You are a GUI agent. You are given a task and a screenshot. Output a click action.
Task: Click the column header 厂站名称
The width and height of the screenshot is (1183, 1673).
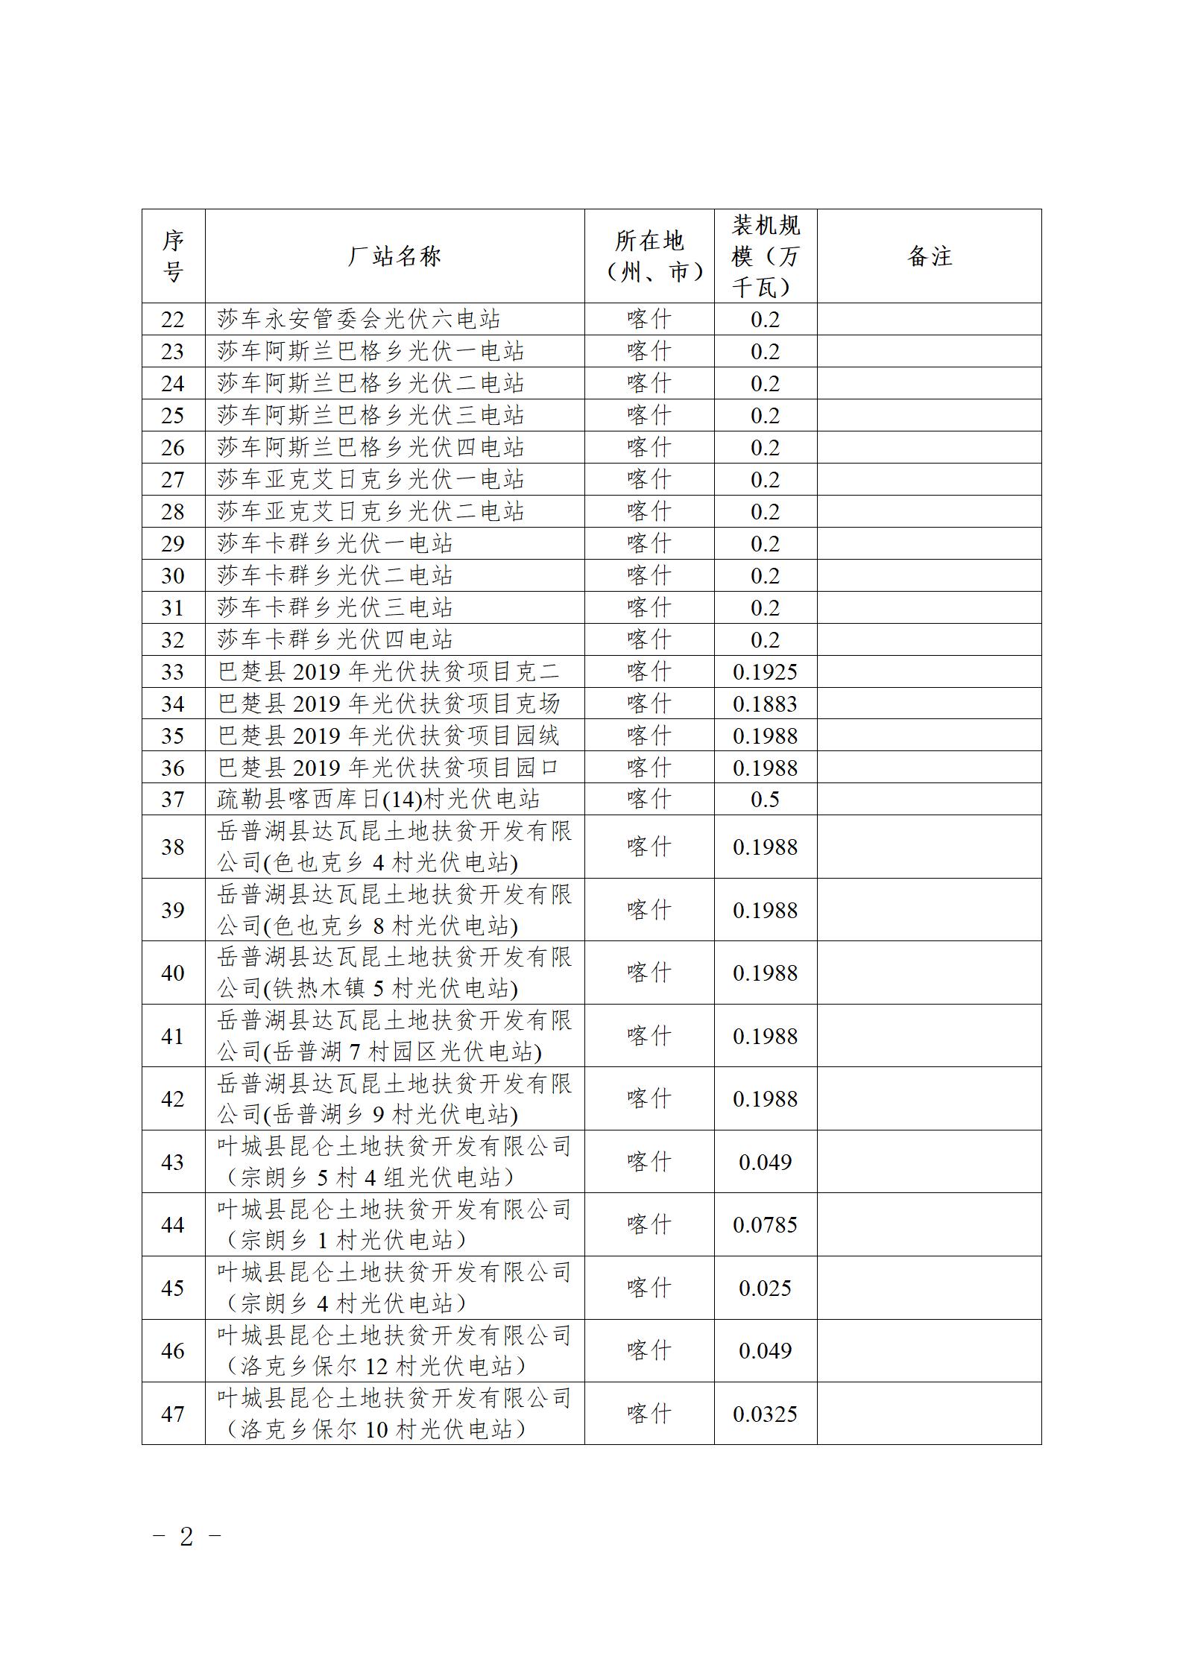(x=394, y=256)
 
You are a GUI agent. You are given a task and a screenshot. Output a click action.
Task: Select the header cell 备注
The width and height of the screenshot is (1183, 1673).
(x=929, y=256)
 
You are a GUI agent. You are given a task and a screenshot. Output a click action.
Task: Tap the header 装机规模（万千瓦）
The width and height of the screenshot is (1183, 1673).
(x=766, y=256)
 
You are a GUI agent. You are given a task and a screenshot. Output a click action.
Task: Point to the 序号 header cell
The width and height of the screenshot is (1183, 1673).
(x=173, y=256)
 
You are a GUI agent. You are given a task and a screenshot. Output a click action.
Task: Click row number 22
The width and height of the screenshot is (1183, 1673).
(x=173, y=320)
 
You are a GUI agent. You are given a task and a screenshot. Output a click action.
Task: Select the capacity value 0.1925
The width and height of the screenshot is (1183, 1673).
(x=766, y=672)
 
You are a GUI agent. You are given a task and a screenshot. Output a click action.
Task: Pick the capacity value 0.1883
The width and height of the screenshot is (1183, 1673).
(x=766, y=704)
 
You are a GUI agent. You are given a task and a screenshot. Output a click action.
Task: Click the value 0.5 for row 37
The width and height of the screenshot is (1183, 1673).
(x=766, y=800)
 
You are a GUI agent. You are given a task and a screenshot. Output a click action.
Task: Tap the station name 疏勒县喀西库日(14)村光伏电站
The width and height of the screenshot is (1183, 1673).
(x=379, y=800)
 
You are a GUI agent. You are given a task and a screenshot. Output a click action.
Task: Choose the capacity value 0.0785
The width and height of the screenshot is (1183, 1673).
(x=766, y=1225)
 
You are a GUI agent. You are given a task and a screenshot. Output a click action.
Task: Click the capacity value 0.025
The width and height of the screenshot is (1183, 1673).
(x=766, y=1288)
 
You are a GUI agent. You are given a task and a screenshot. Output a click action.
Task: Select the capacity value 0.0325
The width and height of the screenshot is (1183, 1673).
(x=766, y=1414)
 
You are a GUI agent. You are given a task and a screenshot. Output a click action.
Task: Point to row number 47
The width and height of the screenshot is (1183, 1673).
(x=173, y=1414)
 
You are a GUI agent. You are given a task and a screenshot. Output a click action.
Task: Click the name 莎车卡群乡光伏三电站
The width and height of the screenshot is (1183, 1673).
(x=335, y=608)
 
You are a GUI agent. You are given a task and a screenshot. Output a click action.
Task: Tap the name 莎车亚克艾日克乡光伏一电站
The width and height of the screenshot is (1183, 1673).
(x=370, y=480)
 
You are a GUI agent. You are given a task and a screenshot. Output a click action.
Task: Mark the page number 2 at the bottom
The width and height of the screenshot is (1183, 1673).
(x=186, y=1537)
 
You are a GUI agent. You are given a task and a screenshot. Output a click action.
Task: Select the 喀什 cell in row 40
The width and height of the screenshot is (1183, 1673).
(x=649, y=973)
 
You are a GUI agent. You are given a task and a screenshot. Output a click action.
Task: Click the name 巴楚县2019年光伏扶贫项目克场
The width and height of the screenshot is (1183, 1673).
(x=388, y=704)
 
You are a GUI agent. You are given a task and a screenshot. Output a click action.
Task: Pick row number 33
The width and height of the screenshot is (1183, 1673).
(x=173, y=672)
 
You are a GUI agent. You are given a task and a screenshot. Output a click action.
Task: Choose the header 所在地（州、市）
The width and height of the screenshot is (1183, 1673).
(x=649, y=256)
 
